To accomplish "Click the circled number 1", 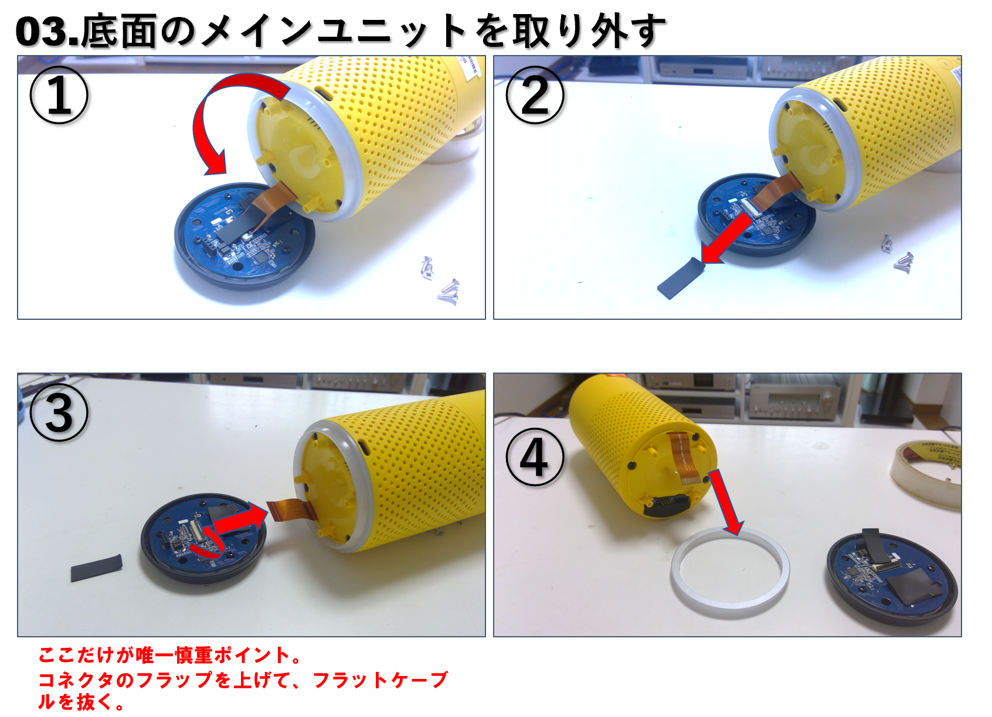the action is coord(59,95).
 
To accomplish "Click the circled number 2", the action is coord(535,95).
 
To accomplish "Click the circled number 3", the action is coord(59,412).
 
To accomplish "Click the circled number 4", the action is coord(535,457).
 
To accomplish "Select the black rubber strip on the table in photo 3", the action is coord(96,568).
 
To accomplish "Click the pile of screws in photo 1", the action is coord(440,279).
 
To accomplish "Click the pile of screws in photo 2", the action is coord(897,252).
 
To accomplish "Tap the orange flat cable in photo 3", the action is coord(293,509).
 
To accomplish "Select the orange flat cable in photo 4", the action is coord(684,457).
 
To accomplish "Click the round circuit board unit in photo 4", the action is coord(892,577).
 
